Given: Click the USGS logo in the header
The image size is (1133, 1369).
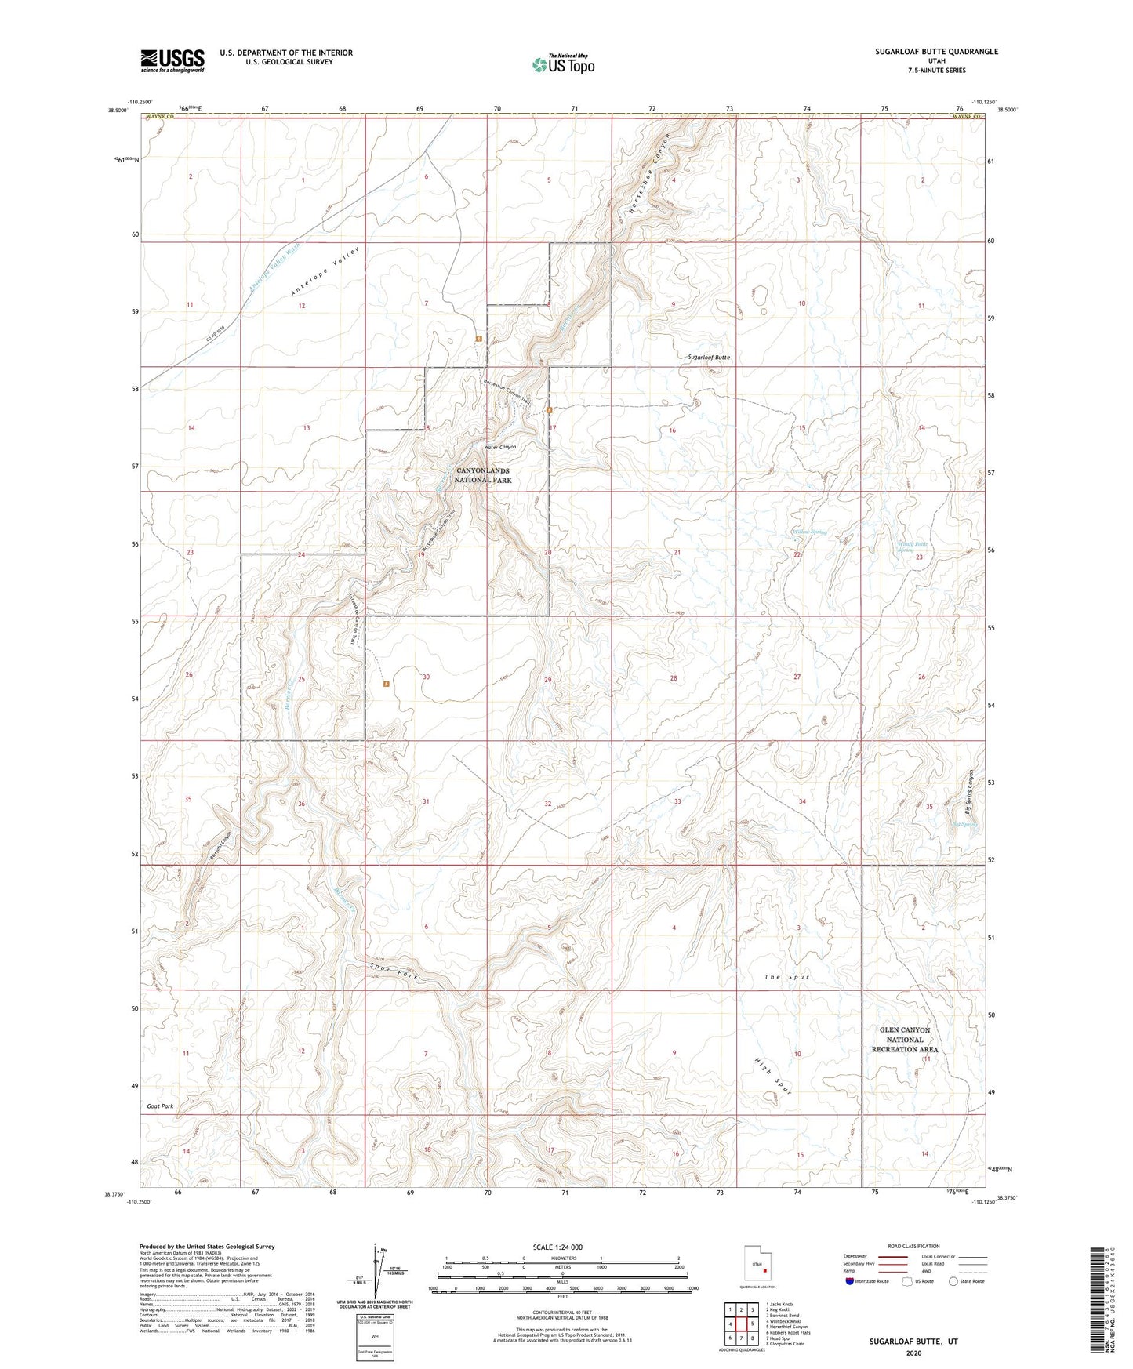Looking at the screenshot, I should pos(172,60).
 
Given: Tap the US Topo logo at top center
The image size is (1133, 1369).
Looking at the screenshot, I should pos(562,64).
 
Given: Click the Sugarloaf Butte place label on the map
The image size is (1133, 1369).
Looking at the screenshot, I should pos(709,358).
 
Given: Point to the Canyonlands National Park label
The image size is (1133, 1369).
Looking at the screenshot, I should pos(483,476).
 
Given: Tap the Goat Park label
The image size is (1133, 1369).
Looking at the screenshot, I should pos(160,1106).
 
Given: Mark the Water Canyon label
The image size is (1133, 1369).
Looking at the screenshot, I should pos(499,447).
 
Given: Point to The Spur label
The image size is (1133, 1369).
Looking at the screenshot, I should pos(786,977).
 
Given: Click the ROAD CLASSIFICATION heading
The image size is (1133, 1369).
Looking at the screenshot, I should pos(914,1246).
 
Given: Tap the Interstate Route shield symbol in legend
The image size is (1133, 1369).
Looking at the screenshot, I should pos(851,1281).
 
